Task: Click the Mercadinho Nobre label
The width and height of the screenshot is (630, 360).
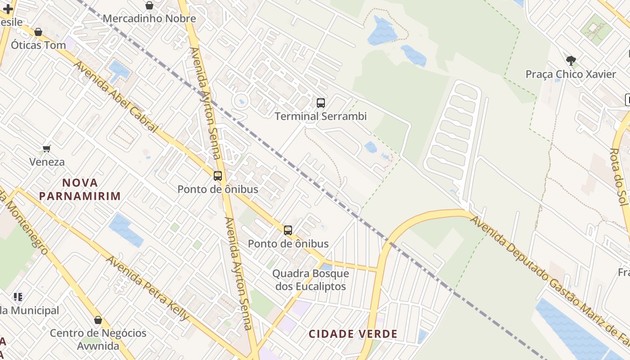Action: pos(149,18)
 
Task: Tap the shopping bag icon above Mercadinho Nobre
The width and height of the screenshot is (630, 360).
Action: pos(149,5)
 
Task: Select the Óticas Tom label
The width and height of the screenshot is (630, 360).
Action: pos(38,45)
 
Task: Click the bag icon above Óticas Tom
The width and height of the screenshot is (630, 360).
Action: pos(38,32)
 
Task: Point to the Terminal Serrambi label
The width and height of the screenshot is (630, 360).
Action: pos(320,116)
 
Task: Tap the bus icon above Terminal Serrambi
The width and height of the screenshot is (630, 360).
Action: pos(320,103)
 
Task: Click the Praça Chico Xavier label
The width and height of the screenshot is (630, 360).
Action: pos(571,74)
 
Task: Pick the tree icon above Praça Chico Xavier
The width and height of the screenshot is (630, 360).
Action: pos(571,60)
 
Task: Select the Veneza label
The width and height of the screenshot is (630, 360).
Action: pos(47,162)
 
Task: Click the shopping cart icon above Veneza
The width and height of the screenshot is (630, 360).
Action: pos(46,148)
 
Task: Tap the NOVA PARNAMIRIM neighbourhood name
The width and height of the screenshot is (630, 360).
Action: pos(80,189)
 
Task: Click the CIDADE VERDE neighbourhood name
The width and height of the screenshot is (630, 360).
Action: pos(353,334)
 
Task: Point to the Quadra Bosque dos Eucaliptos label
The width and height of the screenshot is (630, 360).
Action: pos(310,280)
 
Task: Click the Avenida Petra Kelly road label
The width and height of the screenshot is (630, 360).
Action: pos(148,288)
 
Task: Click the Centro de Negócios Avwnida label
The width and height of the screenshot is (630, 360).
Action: pos(98,339)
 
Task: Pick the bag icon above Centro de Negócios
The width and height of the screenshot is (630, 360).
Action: pos(98,320)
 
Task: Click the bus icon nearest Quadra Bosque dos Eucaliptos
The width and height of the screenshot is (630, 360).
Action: pos(288,230)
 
